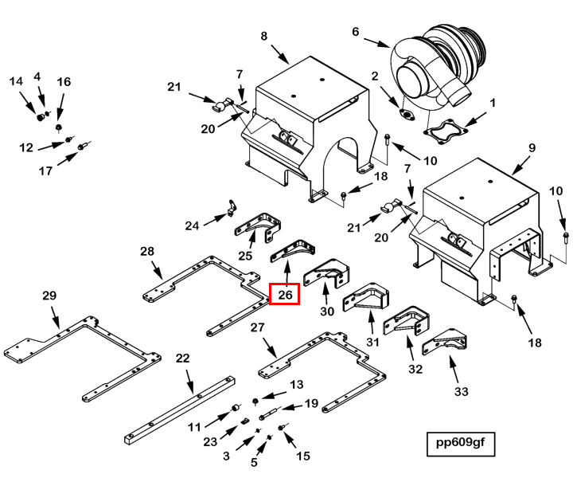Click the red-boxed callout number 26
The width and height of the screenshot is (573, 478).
coord(286,295)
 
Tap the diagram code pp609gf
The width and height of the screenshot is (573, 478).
coord(460,442)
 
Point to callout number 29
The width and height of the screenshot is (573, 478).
coord(49,296)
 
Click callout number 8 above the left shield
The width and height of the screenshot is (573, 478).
coord(264,36)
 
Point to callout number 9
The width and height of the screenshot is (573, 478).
coord(532,148)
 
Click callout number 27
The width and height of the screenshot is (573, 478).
coord(257,327)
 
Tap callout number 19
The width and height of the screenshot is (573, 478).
coord(311,403)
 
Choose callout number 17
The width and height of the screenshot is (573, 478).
coord(45,170)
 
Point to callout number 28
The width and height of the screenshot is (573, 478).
coord(147,252)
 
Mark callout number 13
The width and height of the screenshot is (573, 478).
coord(297,385)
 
